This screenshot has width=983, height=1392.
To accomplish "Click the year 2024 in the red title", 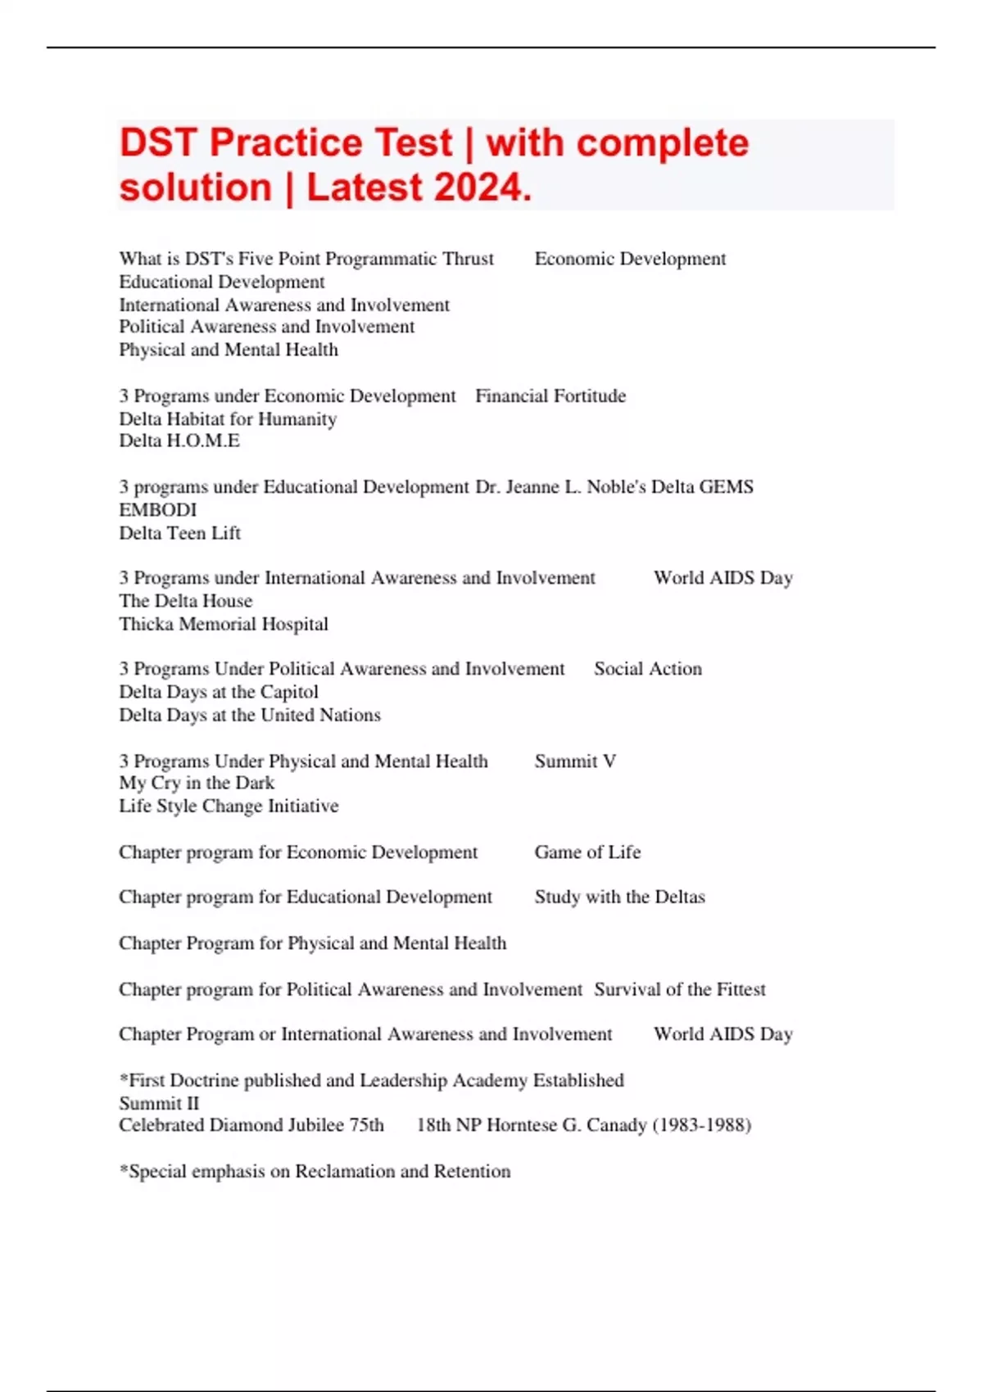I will pyautogui.click(x=482, y=188).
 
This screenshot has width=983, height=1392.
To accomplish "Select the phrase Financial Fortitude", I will pyautogui.click(x=550, y=396).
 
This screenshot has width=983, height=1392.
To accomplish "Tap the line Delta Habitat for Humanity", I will pyautogui.click(x=228, y=419).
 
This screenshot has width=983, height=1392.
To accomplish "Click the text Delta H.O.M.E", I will pyautogui.click(x=179, y=441).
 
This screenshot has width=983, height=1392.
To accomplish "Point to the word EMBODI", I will pyautogui.click(x=158, y=510).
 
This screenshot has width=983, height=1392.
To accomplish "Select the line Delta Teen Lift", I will pyautogui.click(x=179, y=533).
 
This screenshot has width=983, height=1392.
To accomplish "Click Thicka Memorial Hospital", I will pyautogui.click(x=224, y=624).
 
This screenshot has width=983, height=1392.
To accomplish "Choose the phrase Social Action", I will pyautogui.click(x=648, y=669).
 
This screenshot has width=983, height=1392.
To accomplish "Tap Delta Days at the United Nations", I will pyautogui.click(x=250, y=715).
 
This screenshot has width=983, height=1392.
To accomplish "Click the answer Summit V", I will pyautogui.click(x=575, y=762).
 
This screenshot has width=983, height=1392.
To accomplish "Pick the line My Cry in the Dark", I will pyautogui.click(x=197, y=783).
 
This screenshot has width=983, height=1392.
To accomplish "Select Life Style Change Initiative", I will pyautogui.click(x=229, y=806).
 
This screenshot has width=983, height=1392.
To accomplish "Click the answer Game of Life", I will pyautogui.click(x=587, y=852).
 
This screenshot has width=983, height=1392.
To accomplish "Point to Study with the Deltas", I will pyautogui.click(x=619, y=897).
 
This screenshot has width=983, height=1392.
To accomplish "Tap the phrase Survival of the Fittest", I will pyautogui.click(x=680, y=989).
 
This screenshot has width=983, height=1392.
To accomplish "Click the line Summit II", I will pyautogui.click(x=159, y=1103).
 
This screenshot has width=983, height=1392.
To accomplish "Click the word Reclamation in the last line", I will pyautogui.click(x=345, y=1172).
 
